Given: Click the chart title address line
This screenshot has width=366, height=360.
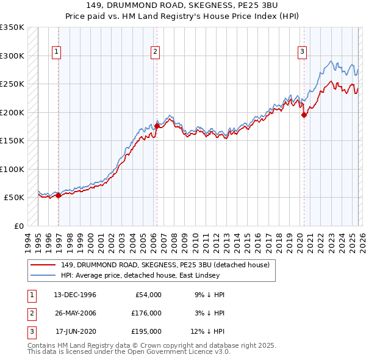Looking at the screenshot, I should pos(182,5).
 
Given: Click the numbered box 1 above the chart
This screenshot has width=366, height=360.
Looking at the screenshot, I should pos(56,52).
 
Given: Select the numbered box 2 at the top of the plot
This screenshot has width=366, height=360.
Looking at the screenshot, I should pos(156,52).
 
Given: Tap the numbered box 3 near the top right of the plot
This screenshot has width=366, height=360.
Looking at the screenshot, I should pos(302,52).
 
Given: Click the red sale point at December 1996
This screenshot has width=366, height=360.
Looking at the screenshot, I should pos(59,196).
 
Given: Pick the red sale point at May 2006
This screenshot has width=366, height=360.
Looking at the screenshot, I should pos(157,126).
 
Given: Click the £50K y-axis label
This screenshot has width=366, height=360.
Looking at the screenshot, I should pos(15,198).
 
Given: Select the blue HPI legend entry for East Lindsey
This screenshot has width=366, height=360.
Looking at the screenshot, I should pos(152,275).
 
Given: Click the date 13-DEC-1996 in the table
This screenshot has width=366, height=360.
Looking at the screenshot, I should pos(75,295).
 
